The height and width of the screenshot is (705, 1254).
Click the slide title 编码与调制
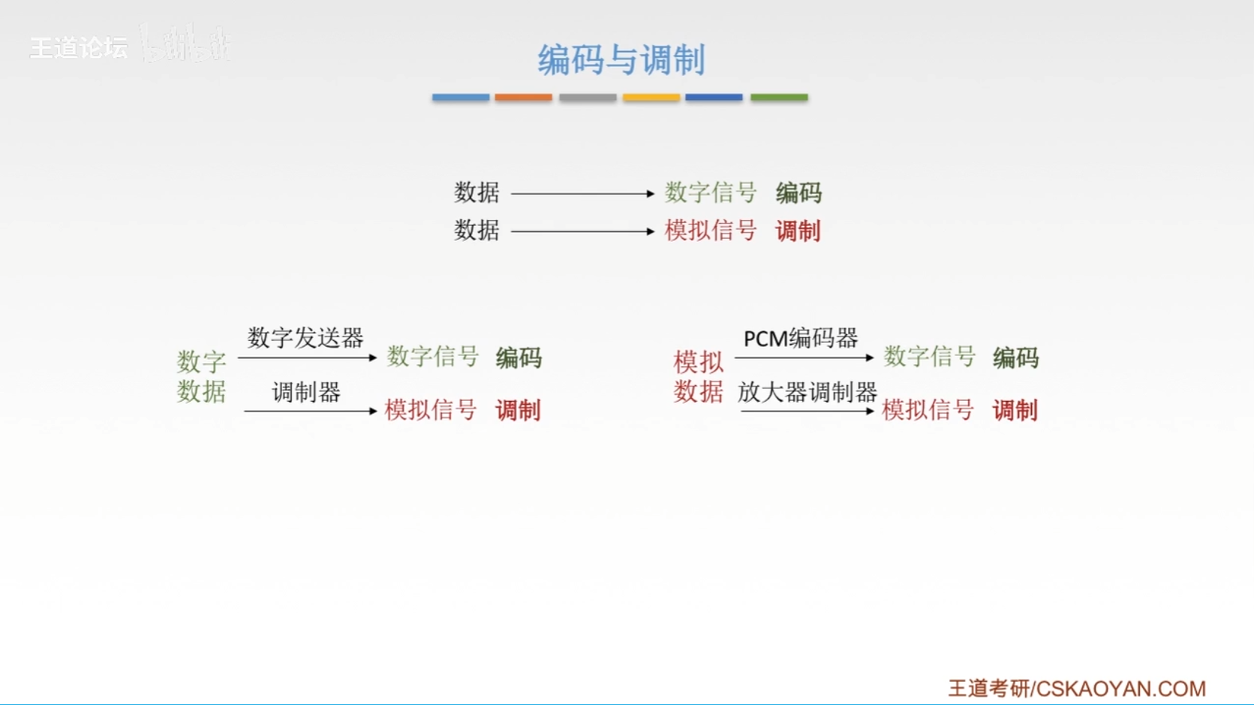(x=621, y=59)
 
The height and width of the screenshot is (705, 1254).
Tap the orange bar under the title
(x=523, y=98)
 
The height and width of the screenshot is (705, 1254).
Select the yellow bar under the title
(x=651, y=98)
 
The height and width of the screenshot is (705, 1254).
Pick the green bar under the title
(x=779, y=98)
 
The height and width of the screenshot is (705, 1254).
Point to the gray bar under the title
(x=588, y=98)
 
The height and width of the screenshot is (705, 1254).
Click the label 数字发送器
(x=305, y=338)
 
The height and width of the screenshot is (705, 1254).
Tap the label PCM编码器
(x=800, y=339)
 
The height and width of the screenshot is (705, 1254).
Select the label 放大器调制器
(x=807, y=392)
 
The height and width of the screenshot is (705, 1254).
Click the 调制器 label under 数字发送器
(x=306, y=392)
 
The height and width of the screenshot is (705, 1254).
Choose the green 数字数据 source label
(x=201, y=377)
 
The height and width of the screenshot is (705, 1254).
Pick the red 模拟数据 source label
(x=698, y=377)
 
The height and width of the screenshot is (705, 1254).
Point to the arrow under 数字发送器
(x=307, y=358)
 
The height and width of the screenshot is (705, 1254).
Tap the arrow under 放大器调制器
(x=807, y=411)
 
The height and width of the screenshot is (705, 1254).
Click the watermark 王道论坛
(x=79, y=48)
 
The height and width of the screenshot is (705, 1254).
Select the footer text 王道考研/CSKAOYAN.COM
(x=1077, y=688)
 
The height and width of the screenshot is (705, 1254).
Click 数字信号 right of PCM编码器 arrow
(x=929, y=357)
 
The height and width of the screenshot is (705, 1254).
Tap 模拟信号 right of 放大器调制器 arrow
(x=928, y=410)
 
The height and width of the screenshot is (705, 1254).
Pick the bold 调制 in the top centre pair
(x=798, y=231)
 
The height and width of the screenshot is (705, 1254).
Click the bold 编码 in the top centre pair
(x=798, y=193)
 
